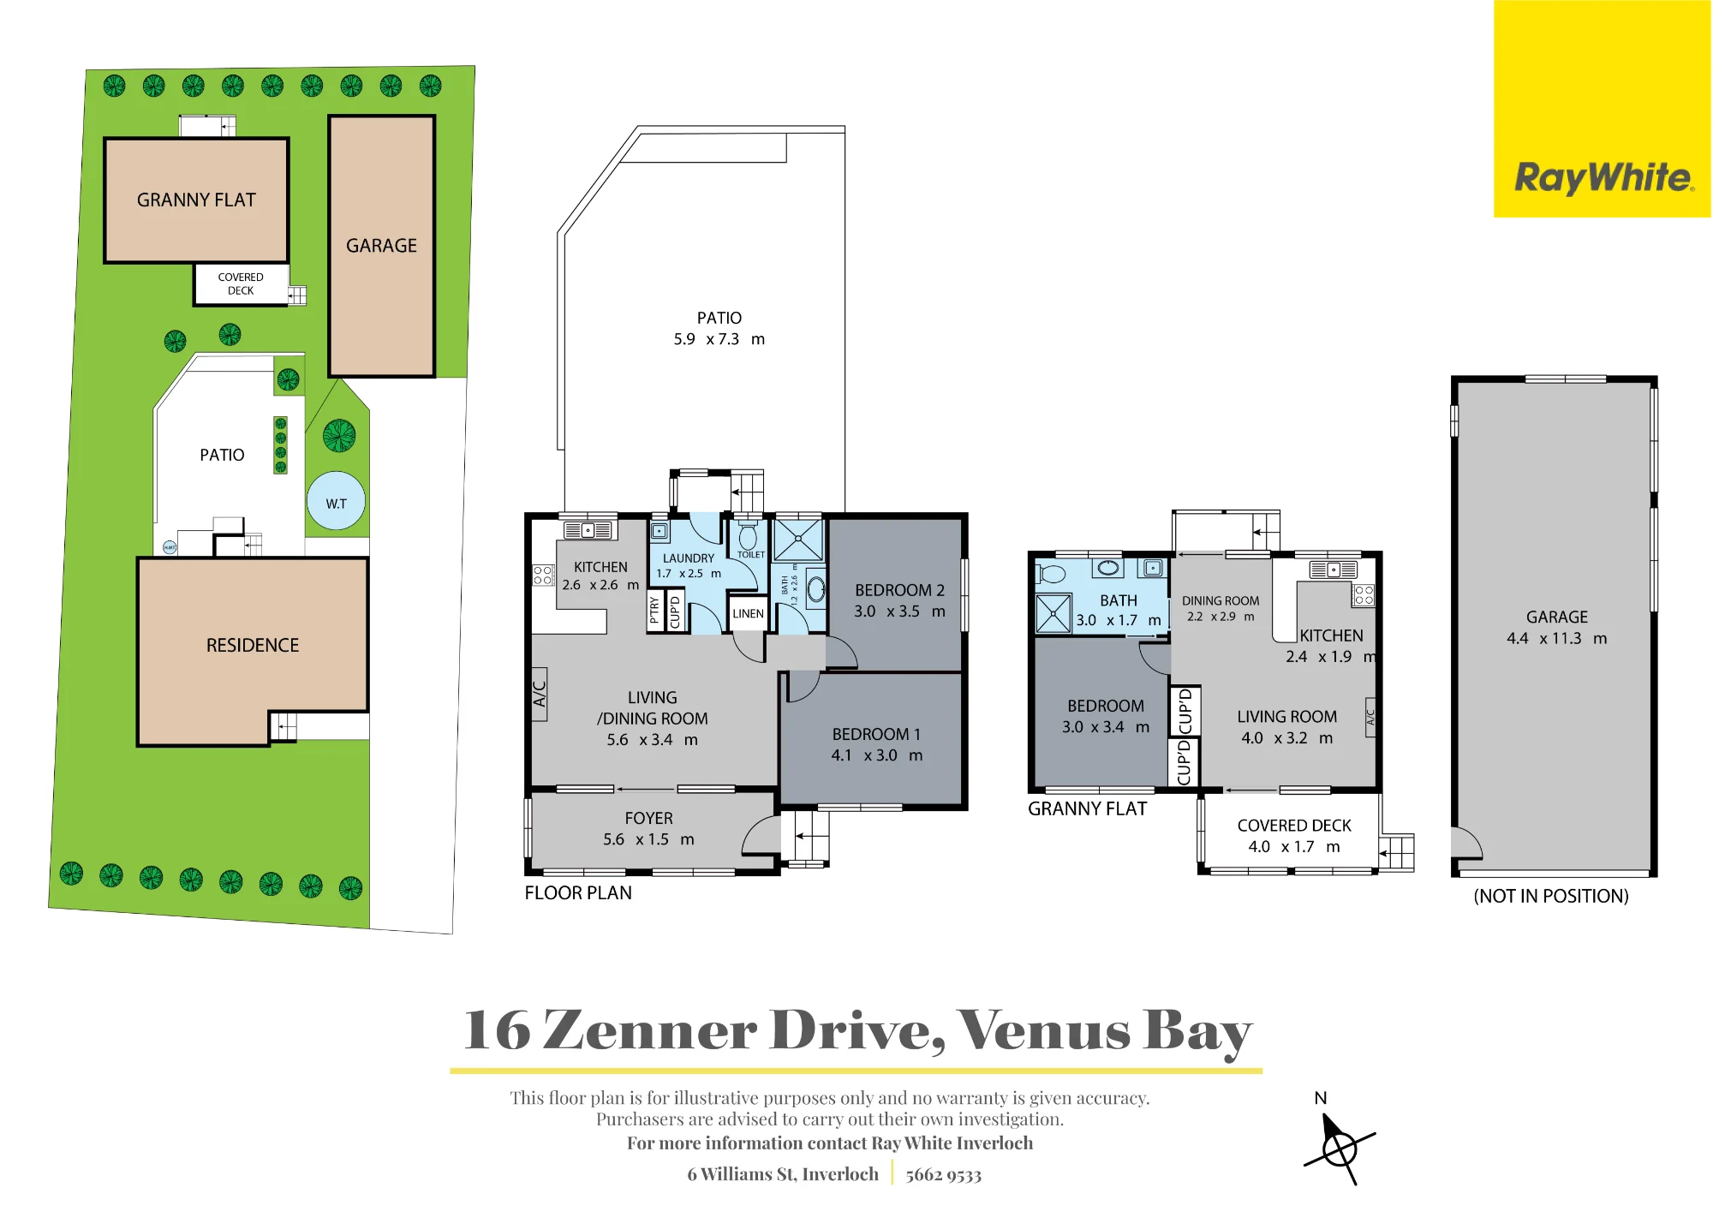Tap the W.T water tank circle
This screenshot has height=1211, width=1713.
[x=336, y=502]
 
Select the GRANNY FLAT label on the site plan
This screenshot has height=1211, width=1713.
[x=196, y=200]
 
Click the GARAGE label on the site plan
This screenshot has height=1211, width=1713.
[x=381, y=246]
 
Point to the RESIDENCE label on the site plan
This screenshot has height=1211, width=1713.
[x=253, y=646]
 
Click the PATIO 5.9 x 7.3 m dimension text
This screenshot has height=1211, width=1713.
[x=719, y=339]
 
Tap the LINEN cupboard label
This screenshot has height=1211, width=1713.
[x=748, y=614]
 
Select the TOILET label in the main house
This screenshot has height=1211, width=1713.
[x=751, y=555]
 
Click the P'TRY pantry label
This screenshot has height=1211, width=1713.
[x=655, y=610]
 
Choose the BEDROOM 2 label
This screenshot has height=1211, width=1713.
[x=899, y=590]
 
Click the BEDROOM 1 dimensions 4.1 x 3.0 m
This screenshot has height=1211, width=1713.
[x=877, y=755]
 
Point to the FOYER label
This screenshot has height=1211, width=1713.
[x=648, y=819]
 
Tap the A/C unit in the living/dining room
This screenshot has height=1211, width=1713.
[x=540, y=694]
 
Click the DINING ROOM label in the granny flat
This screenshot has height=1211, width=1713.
[x=1221, y=601]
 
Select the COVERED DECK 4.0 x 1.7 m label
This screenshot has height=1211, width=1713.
[x=1294, y=836]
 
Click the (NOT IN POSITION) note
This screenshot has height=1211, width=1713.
[x=1551, y=897]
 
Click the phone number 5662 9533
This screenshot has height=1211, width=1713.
[x=944, y=1175]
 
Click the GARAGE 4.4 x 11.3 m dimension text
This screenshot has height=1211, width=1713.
[x=1557, y=639]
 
